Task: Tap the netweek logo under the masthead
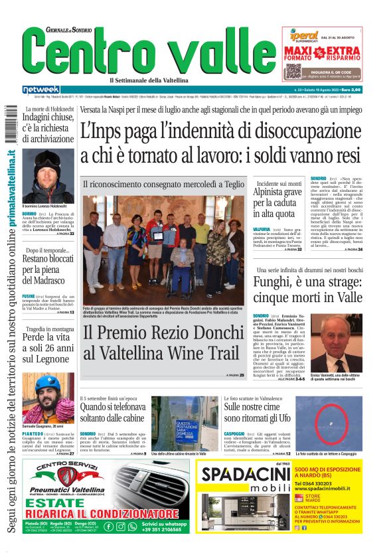point(41,90)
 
